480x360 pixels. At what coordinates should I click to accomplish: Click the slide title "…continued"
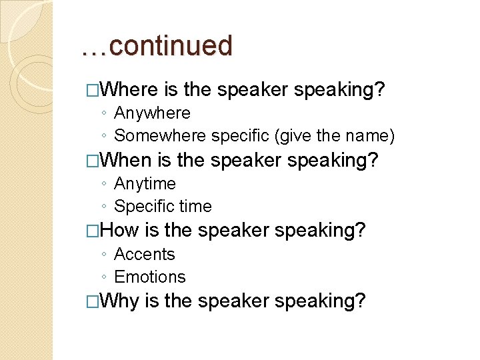(x=157, y=46)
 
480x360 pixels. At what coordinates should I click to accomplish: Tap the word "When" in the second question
(x=129, y=160)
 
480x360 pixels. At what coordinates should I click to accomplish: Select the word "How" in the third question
(x=120, y=231)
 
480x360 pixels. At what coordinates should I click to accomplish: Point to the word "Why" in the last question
(x=120, y=301)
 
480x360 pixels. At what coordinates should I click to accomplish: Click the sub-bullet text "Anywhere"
(x=152, y=113)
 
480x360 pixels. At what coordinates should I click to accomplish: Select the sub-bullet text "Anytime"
(x=145, y=184)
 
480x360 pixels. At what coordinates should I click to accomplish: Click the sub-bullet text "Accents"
(x=145, y=255)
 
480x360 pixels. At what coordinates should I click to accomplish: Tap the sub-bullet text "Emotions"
(x=150, y=277)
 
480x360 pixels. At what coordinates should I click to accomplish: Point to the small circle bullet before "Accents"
(x=105, y=255)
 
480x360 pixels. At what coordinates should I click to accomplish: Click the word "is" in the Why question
(x=152, y=301)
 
